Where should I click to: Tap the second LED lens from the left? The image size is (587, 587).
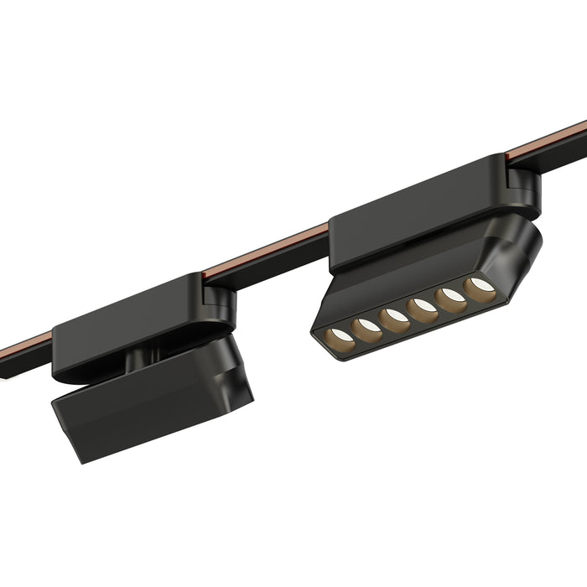[x=367, y=330]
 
